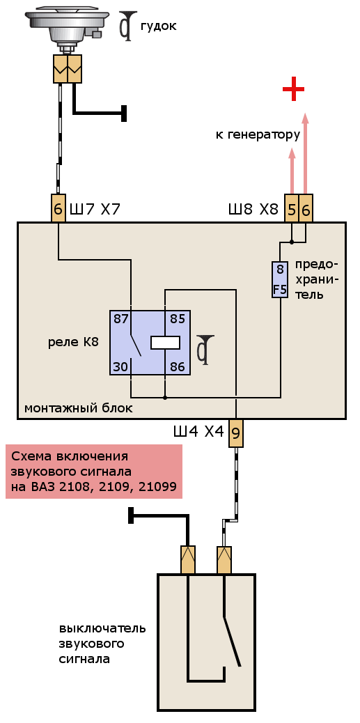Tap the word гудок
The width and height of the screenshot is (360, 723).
coord(158,26)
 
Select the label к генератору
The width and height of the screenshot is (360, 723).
coord(258,135)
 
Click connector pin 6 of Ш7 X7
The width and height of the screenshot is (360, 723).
coord(58,208)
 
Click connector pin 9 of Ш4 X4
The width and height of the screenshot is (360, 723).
coord(236,433)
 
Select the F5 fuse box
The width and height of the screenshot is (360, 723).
coord(280,279)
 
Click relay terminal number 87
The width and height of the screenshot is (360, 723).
coord(120,319)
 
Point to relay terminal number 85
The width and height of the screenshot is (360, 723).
coord(177,319)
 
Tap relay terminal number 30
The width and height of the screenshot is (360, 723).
coord(120,367)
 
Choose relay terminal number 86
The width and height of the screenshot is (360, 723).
coord(177,367)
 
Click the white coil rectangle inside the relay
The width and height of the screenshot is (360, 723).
coord(165,343)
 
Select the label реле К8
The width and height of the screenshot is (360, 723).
coord(73,343)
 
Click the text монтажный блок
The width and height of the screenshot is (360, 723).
coord(79,408)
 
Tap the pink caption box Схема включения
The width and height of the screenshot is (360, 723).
coord(94,472)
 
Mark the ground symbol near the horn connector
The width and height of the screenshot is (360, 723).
coord(124,113)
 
